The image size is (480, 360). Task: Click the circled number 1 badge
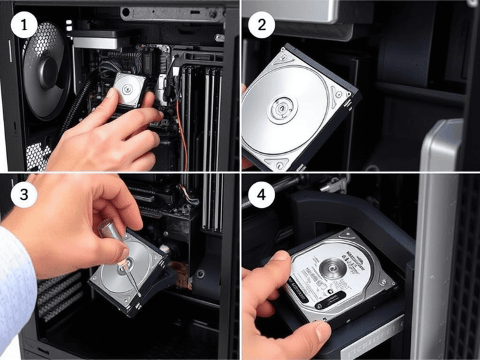point(24,25)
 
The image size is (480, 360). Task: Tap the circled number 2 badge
point(262,25)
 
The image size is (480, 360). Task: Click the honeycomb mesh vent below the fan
point(37,153)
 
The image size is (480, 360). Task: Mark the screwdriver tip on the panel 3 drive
point(138,291)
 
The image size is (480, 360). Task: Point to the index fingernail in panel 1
point(111,94)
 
